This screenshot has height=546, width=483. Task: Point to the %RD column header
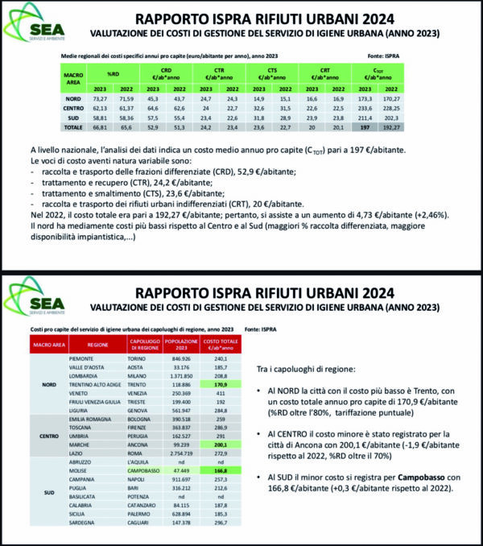click(118, 74)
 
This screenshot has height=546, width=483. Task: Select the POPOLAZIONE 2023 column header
click(180, 345)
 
